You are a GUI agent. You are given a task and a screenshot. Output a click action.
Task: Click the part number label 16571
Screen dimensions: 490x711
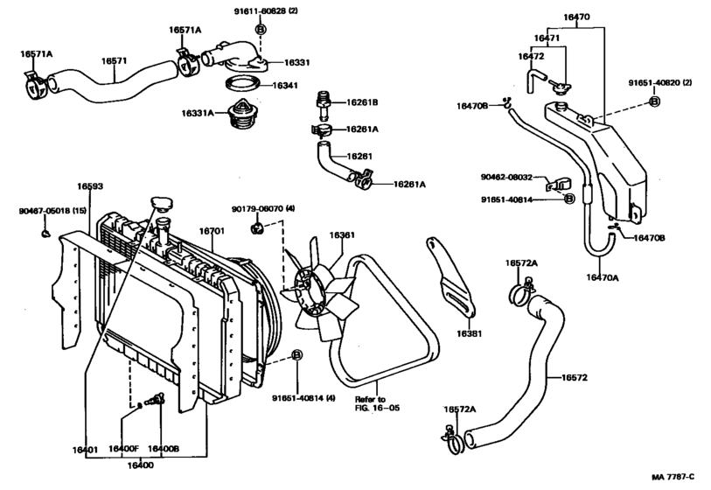[x=115, y=60]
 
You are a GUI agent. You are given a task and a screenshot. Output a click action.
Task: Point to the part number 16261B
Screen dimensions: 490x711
[x=362, y=102]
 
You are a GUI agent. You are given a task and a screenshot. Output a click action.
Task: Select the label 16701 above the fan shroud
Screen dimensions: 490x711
[x=213, y=231]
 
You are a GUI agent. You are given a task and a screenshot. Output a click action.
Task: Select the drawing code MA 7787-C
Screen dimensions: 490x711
[x=672, y=477]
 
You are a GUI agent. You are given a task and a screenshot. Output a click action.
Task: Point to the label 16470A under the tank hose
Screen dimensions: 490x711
[x=602, y=277]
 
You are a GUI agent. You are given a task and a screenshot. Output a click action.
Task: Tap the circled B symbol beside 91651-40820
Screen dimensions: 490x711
[x=654, y=102]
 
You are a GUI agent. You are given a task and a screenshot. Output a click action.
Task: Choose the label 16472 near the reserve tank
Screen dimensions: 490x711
[x=530, y=56]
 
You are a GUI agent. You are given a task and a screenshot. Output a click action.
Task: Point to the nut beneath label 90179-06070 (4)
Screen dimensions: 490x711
[x=256, y=228]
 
